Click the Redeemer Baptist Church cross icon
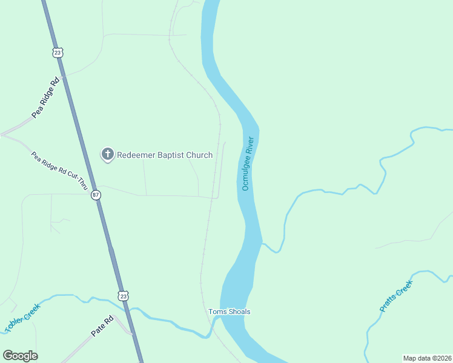click(107, 154)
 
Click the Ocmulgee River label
click(250, 163)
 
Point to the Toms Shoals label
click(230, 312)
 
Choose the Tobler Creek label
click(22, 318)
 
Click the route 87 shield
click(96, 195)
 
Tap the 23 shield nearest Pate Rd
click(124, 296)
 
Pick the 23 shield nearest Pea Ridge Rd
click(58, 53)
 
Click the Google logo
click(20, 356)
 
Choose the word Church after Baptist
click(199, 155)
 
